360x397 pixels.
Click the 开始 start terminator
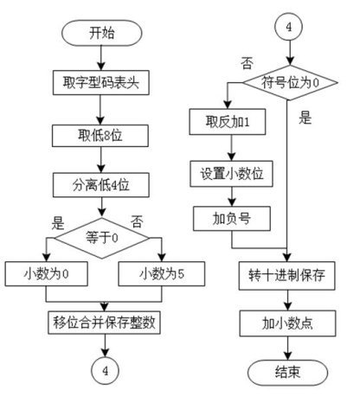102,33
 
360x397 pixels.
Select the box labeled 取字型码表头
101,82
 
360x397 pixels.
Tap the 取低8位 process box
100,136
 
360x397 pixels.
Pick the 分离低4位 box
101,185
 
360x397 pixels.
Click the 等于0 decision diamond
102,238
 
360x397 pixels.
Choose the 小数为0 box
46,274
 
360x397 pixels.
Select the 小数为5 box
162,274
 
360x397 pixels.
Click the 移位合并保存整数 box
104,323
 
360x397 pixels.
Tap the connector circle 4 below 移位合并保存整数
106,371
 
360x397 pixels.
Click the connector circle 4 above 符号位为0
289,27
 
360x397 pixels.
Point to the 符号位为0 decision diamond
290,83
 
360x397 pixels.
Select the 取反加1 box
228,122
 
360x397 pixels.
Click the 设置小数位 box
231,174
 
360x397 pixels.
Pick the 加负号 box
232,219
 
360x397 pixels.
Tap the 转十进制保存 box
287,276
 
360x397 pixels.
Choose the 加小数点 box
287,323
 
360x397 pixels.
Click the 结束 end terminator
287,373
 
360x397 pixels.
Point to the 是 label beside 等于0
58,222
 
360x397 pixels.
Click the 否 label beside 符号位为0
247,63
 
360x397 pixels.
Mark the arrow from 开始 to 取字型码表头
101,58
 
